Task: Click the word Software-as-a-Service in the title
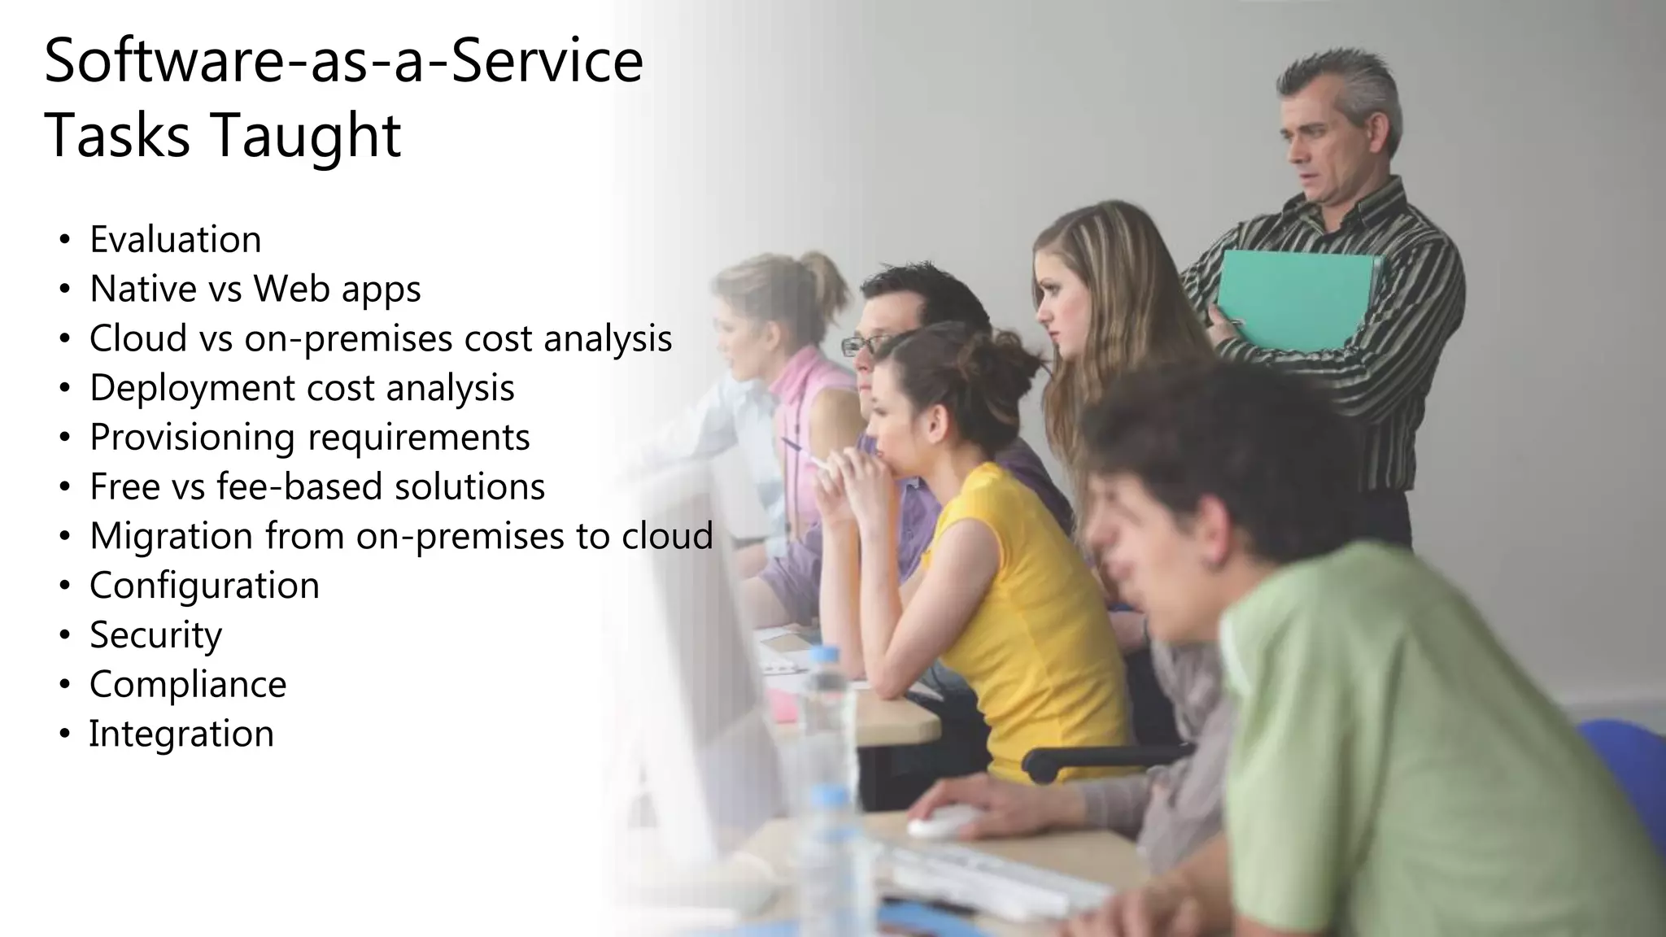(x=343, y=62)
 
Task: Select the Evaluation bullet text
(x=175, y=240)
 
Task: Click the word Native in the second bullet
(x=143, y=289)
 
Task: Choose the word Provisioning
(x=192, y=438)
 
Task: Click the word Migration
(x=171, y=536)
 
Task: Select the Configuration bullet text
(x=204, y=586)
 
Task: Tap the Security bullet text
(x=155, y=635)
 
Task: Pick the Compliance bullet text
(x=188, y=685)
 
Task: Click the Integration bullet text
(x=181, y=734)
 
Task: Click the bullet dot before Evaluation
(x=64, y=241)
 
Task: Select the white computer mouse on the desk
(x=944, y=822)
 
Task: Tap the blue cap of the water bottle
(x=826, y=654)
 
